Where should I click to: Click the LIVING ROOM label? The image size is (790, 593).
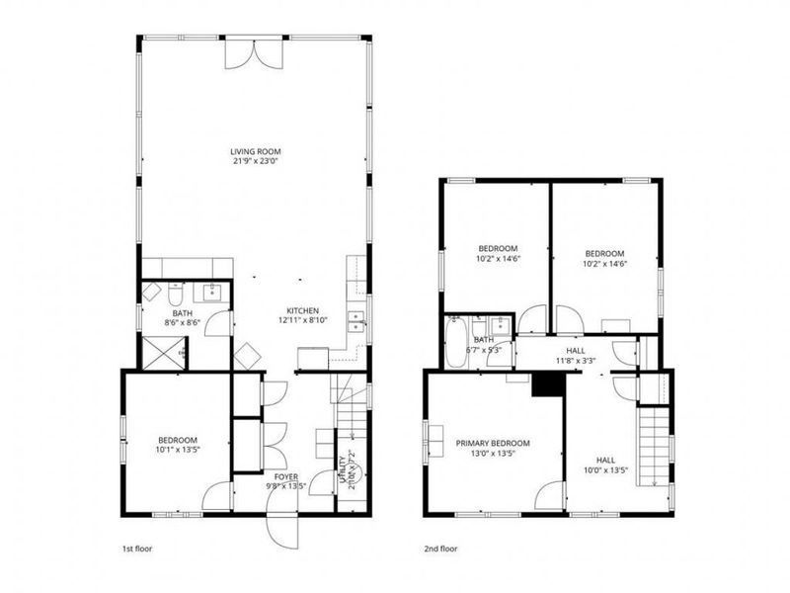[255, 150]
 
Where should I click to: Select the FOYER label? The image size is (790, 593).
[286, 476]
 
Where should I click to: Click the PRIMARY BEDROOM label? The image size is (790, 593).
[492, 443]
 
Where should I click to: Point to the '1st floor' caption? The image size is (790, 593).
[136, 547]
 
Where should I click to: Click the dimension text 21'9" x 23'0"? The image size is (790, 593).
[255, 161]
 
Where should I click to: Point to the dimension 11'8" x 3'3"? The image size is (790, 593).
[576, 361]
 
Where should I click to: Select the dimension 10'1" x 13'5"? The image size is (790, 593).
[178, 450]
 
